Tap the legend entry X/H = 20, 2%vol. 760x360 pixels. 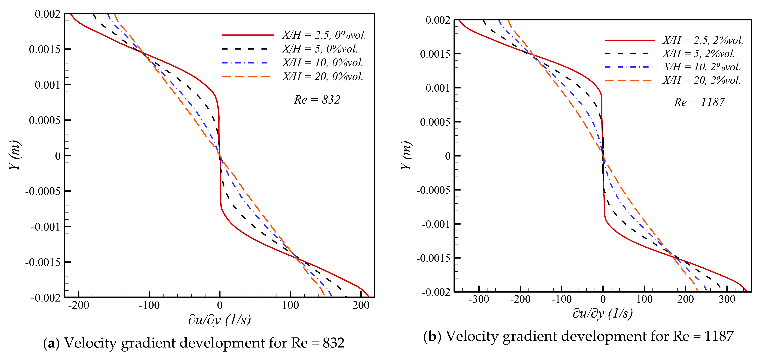pos(702,80)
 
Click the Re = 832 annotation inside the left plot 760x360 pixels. pos(317,100)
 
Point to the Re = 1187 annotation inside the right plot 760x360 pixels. pos(699,102)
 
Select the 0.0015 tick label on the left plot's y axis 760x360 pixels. pos(45,49)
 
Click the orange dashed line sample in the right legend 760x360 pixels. pos(628,80)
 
